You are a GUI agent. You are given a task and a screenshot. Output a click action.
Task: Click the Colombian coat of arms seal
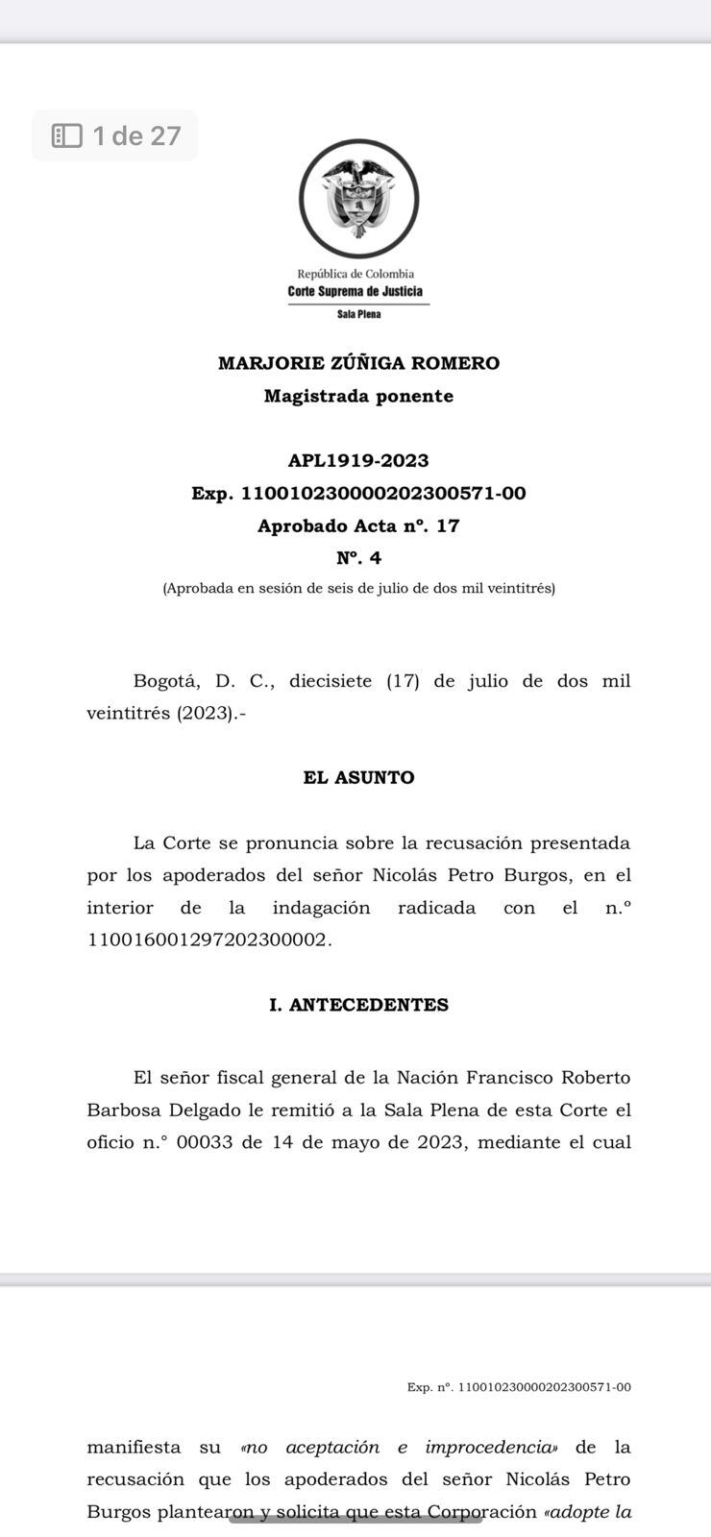click(358, 199)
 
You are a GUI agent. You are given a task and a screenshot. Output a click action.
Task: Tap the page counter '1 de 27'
click(136, 135)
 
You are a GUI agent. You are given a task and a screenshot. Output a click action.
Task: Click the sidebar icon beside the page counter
click(67, 135)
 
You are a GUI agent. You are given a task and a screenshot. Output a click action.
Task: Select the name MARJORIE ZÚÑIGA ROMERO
click(358, 363)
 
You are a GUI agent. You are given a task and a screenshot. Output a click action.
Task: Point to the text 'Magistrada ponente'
click(358, 396)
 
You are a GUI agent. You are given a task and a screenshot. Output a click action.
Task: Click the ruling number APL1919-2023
click(358, 460)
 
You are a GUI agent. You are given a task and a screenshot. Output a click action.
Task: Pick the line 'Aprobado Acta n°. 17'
click(358, 525)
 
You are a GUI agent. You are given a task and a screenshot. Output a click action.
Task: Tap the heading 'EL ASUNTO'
click(358, 777)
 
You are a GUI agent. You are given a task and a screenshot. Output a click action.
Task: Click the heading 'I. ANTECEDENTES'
click(358, 1005)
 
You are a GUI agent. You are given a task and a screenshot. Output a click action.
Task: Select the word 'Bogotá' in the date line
click(166, 681)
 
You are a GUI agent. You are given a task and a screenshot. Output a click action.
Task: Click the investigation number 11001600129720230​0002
click(208, 939)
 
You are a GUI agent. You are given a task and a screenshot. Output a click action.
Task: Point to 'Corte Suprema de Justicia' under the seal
click(355, 291)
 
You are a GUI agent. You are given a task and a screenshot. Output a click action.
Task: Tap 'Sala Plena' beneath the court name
click(358, 314)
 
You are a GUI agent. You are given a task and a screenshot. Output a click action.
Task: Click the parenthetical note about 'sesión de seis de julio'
click(358, 588)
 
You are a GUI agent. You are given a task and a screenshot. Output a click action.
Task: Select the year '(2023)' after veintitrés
click(205, 714)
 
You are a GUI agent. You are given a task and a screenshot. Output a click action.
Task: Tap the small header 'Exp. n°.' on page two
click(429, 1387)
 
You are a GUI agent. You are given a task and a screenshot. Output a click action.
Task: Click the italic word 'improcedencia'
click(491, 1447)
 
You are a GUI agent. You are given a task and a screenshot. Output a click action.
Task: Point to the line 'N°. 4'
click(358, 558)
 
